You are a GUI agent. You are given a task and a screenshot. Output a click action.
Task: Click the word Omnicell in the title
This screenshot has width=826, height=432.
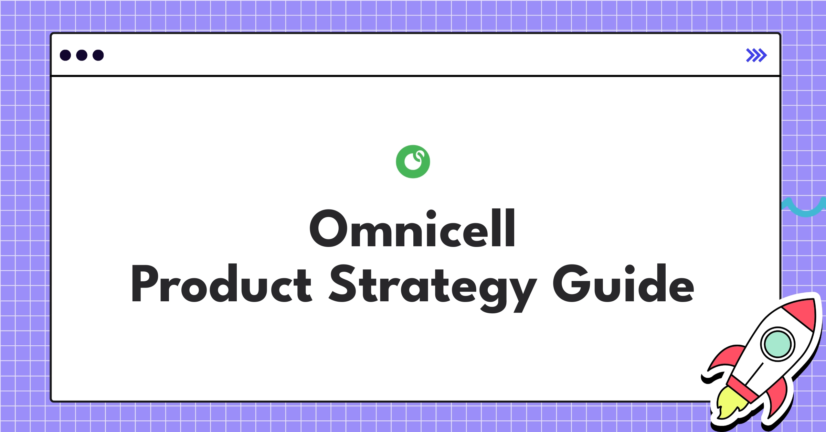tap(412, 228)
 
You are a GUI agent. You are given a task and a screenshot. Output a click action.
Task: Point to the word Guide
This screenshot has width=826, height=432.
tap(623, 283)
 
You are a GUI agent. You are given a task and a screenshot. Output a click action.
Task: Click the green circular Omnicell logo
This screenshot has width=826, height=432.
tap(413, 162)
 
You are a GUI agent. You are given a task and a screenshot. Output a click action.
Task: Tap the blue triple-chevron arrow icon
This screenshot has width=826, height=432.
tap(756, 55)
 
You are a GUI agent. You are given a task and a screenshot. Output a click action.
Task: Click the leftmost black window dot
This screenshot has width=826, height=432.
tap(65, 55)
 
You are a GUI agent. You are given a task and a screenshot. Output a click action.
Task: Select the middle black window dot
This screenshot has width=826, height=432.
tap(82, 55)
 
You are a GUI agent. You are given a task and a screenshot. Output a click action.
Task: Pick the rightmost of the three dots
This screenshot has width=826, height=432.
tap(98, 55)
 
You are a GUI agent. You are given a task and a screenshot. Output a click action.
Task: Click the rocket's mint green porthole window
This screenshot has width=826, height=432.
tap(777, 344)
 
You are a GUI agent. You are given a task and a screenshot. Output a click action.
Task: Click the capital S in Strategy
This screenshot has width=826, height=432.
tap(342, 283)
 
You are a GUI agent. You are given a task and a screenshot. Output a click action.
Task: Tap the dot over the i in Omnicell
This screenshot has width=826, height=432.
tap(431, 215)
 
